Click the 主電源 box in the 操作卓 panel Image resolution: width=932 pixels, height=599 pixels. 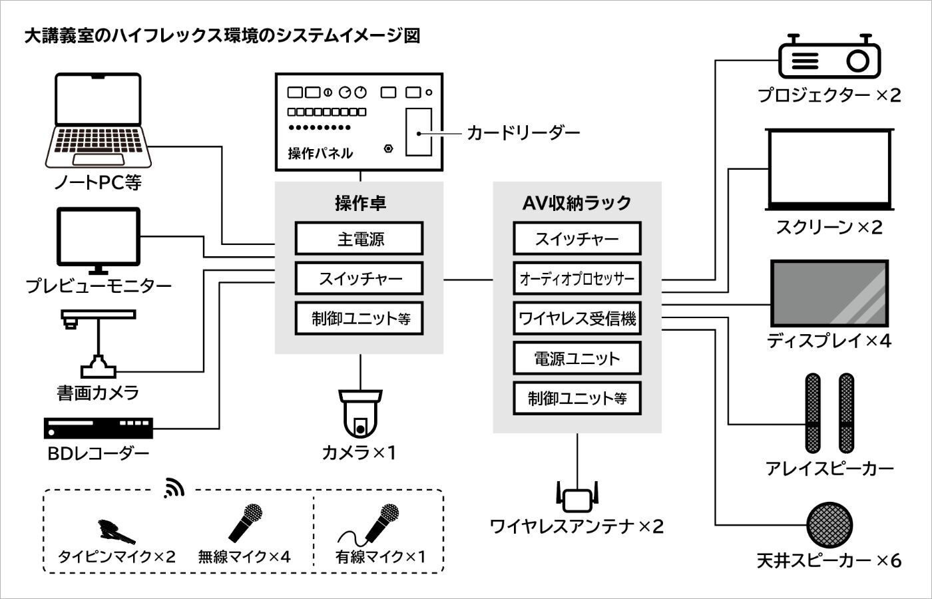tap(359, 239)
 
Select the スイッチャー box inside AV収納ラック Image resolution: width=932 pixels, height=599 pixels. tap(577, 239)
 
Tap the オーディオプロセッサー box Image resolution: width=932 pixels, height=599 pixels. tap(577, 279)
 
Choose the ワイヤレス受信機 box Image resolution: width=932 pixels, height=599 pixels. tap(577, 319)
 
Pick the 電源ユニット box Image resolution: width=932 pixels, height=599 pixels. tap(577, 359)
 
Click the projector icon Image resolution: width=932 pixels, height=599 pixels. tap(830, 59)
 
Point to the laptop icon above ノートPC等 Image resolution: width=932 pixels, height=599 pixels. tap(99, 120)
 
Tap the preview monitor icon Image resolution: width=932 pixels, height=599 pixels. tap(99, 240)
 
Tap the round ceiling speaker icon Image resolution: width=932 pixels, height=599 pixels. tap(829, 525)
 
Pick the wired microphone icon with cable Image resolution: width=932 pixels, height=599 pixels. tap(373, 526)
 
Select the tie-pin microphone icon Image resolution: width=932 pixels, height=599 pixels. tap(116, 531)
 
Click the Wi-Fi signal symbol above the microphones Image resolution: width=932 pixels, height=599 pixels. tap(174, 488)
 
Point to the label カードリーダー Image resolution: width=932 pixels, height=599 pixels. tap(523, 133)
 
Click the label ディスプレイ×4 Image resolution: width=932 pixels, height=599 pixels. tap(829, 341)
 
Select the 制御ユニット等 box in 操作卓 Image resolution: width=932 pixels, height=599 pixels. tap(359, 319)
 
